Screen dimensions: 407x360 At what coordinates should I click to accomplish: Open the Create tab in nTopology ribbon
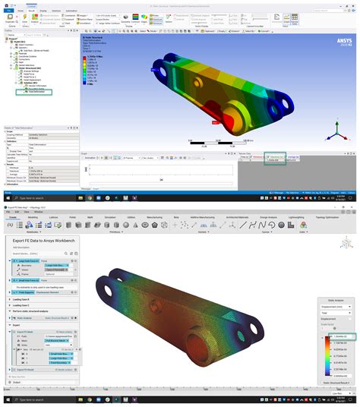click(13, 216)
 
